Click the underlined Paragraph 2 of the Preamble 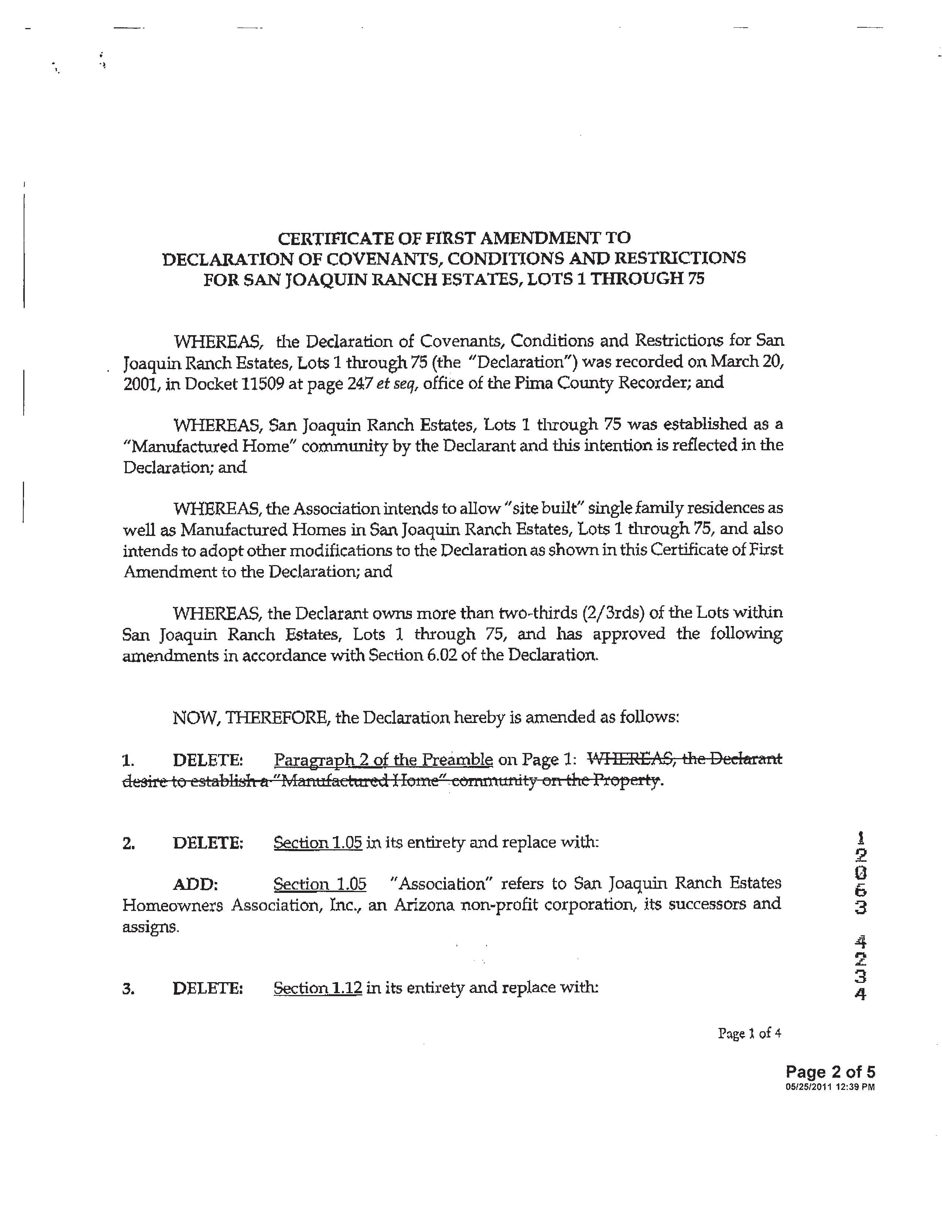(x=383, y=760)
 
